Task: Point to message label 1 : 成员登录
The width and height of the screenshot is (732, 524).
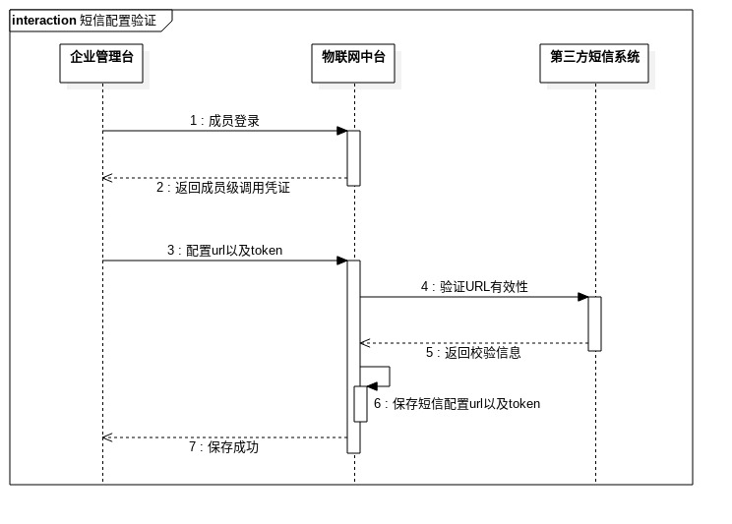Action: [224, 121]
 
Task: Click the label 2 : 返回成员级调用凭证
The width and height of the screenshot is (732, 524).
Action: [223, 188]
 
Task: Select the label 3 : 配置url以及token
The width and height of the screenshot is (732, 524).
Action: [224, 251]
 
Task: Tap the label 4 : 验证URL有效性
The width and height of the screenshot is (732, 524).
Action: [474, 287]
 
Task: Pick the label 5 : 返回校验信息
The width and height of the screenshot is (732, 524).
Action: [473, 353]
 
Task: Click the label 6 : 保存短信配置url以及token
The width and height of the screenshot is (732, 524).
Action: [457, 404]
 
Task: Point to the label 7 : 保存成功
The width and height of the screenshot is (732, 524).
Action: [223, 447]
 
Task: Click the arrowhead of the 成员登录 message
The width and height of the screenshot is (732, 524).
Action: [341, 131]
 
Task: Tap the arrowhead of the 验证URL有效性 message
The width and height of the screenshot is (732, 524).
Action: [583, 297]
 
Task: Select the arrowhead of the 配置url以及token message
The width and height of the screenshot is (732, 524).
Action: [341, 261]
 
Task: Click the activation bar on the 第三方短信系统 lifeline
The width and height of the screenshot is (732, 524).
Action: [595, 323]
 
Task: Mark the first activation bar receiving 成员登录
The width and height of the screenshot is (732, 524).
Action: [354, 157]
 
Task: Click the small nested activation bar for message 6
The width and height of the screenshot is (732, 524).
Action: [360, 403]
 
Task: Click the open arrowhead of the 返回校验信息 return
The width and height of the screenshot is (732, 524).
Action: [364, 343]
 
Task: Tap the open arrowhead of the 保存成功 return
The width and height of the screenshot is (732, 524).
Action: [107, 437]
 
